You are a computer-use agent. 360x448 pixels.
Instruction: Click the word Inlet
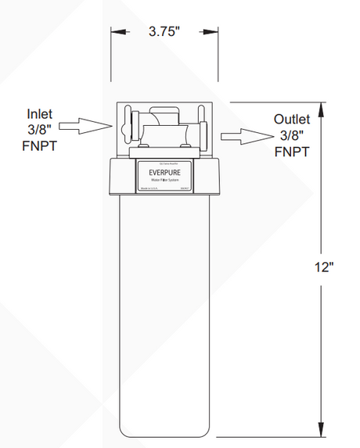click(40, 113)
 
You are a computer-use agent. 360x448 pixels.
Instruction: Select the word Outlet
click(292, 119)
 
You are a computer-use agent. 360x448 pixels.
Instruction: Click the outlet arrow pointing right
click(242, 136)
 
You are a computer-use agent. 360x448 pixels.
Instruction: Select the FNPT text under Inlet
click(41, 144)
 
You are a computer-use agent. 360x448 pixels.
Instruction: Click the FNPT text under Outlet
click(291, 150)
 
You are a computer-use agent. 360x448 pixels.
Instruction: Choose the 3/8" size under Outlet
click(292, 134)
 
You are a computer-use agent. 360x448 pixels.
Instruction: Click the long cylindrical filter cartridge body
click(164, 313)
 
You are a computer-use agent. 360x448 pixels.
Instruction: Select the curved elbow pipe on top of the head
click(162, 117)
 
